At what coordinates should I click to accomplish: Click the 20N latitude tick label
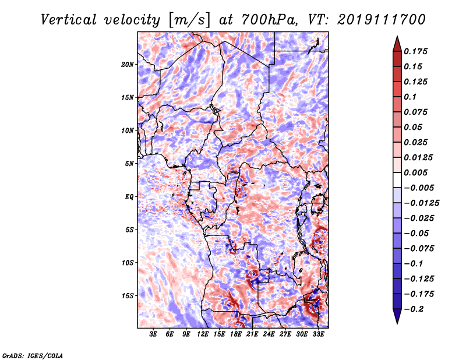point(128,65)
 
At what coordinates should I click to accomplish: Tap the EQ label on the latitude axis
point(129,197)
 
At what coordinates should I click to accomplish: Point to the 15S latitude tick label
point(128,296)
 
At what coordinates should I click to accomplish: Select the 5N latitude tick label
point(129,164)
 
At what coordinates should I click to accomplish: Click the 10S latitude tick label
point(128,263)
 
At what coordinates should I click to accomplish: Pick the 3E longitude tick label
point(153,334)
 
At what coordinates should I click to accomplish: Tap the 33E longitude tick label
point(318,334)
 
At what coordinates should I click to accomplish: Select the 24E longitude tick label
point(269,334)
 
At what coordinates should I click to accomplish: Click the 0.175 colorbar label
point(415,51)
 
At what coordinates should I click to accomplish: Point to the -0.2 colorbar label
point(414,309)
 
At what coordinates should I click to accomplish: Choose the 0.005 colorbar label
point(415,172)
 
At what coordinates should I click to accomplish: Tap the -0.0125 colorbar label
point(421,203)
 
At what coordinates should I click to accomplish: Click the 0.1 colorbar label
point(410,97)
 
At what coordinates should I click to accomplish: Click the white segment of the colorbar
point(397,180)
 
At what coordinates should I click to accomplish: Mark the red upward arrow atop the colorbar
point(397,44)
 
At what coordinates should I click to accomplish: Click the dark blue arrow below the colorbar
point(397,316)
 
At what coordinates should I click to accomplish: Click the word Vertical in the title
point(69,20)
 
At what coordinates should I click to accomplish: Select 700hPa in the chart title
point(269,20)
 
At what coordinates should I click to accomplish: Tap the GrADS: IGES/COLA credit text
point(33,356)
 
